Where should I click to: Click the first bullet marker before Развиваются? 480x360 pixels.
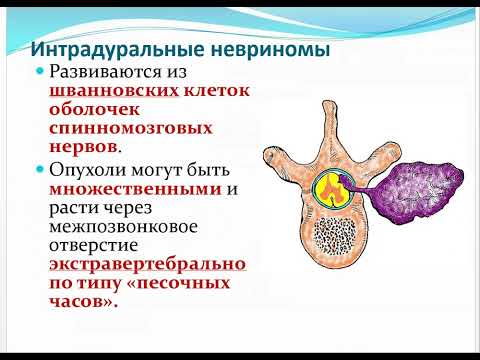pos(40,74)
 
